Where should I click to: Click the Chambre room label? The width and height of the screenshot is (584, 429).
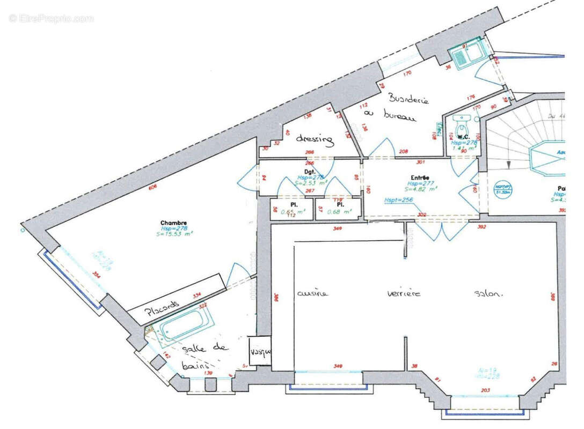coord(173,223)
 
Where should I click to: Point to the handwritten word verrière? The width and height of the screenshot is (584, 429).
coord(404,293)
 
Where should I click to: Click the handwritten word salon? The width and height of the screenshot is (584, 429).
coord(488,293)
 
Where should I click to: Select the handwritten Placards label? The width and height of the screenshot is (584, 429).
coord(160,308)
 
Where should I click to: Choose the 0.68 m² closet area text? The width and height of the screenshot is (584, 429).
coord(340,211)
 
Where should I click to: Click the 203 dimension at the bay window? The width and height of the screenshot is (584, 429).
coord(485,390)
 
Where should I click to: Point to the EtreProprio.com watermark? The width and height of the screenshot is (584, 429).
coord(51,18)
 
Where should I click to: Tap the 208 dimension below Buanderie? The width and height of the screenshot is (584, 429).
coord(403,152)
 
